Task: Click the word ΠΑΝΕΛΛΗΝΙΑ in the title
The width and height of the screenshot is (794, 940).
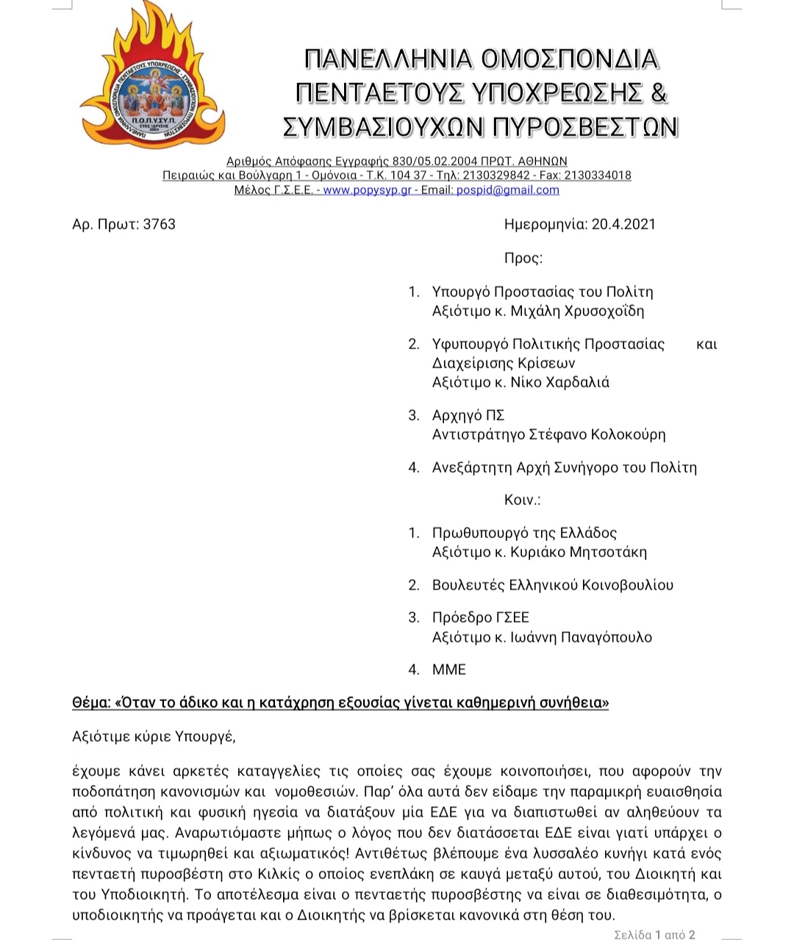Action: click(x=387, y=59)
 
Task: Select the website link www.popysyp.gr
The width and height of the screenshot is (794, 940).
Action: click(x=367, y=190)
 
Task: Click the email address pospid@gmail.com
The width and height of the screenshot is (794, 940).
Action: click(x=507, y=190)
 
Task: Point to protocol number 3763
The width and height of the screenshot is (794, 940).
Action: click(x=160, y=224)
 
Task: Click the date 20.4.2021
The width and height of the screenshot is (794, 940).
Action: click(x=623, y=224)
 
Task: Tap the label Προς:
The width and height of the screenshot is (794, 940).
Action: click(x=523, y=258)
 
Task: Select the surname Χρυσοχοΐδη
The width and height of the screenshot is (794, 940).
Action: click(x=604, y=311)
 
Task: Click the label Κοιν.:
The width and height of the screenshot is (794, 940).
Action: click(x=522, y=500)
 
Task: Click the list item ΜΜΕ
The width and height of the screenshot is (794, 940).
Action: click(x=449, y=670)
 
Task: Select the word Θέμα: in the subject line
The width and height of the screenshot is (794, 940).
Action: click(x=91, y=703)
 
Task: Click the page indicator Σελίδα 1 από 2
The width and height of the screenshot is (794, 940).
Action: click(x=654, y=935)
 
